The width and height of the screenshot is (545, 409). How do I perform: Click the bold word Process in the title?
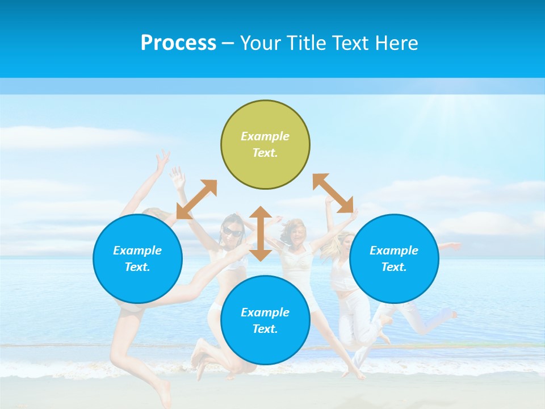click(x=178, y=43)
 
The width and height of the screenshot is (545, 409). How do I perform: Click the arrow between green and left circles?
click(x=196, y=199)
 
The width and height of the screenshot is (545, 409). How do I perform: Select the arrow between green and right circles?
click(x=333, y=193)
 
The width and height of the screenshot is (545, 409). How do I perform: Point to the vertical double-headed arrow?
click(x=261, y=233)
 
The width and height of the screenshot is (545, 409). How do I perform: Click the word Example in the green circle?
click(x=265, y=136)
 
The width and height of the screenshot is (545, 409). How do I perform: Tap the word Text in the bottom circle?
click(x=265, y=329)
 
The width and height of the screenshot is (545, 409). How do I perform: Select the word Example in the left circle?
click(x=137, y=251)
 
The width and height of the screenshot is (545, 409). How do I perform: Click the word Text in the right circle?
click(x=393, y=267)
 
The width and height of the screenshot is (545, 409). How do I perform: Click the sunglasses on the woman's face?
click(x=232, y=231)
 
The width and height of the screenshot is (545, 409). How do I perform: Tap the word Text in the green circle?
click(x=265, y=153)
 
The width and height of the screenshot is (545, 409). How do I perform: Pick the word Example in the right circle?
click(x=394, y=251)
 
